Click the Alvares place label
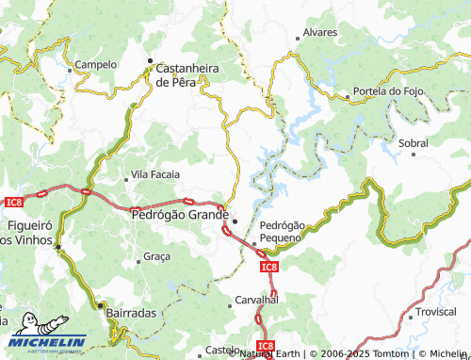click(320, 32)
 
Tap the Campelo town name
click(96, 65)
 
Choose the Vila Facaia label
click(155, 174)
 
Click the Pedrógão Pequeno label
click(282, 232)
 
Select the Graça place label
click(156, 256)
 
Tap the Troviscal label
click(436, 312)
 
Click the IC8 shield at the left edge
click(13, 201)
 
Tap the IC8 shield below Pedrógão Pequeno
click(268, 268)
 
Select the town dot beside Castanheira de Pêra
click(149, 65)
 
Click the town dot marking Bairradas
click(102, 305)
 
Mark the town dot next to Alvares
click(299, 38)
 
